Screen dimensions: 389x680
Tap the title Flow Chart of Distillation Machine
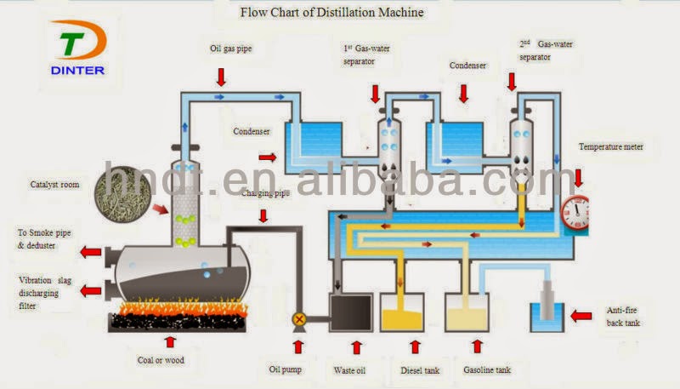[x=331, y=13]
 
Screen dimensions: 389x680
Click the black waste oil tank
[x=351, y=312]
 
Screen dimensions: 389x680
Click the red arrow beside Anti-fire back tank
[x=581, y=317]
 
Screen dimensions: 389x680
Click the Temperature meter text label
[x=611, y=146]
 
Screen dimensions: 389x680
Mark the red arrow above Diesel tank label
[x=415, y=346]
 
